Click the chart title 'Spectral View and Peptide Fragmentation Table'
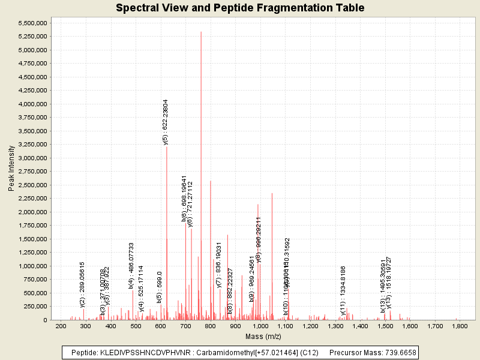point(239,8)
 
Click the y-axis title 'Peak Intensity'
point(11,170)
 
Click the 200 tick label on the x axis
point(61,326)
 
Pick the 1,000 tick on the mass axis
point(260,326)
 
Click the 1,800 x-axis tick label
point(460,326)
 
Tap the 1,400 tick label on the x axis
point(360,326)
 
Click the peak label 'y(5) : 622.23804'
point(166,122)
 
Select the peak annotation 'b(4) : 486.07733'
point(131,265)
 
